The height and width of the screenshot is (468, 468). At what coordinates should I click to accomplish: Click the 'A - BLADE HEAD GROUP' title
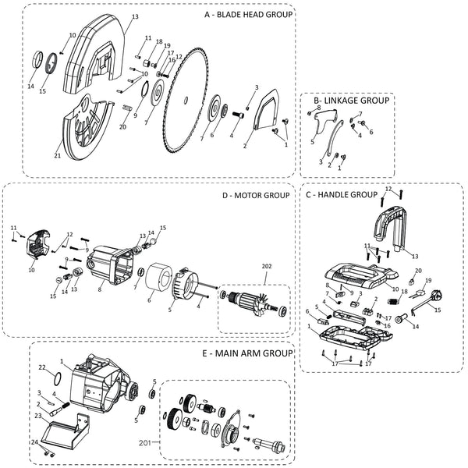[x=248, y=15]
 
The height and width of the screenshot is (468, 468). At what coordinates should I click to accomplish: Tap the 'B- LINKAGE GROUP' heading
[x=351, y=101]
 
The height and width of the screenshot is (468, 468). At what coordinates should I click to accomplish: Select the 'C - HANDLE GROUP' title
[x=342, y=195]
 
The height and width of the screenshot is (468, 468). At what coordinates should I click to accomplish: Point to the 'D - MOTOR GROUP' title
[x=256, y=196]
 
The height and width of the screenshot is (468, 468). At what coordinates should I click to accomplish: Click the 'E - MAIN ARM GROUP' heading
[x=247, y=353]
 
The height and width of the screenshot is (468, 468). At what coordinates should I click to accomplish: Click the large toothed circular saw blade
[x=186, y=100]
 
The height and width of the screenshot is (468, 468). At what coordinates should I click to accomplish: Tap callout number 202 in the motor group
[x=267, y=266]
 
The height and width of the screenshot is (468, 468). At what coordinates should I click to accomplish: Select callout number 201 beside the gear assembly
[x=145, y=443]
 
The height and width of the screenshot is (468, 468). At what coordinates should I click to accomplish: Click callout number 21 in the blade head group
[x=57, y=155]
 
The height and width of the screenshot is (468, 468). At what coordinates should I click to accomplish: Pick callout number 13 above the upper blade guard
[x=135, y=16]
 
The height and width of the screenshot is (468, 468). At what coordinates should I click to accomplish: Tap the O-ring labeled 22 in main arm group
[x=58, y=379]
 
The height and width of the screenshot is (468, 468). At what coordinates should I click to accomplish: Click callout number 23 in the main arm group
[x=38, y=416]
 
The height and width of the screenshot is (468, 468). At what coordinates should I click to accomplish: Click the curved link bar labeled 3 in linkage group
[x=334, y=137]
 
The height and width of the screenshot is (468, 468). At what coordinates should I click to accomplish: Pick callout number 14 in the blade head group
[x=30, y=87]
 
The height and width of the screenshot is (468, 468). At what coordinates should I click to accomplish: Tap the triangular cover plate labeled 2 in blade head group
[x=266, y=109]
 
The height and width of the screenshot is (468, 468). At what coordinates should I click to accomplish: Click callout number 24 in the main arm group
[x=35, y=442]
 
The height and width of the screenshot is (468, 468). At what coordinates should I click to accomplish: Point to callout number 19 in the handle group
[x=428, y=281]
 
